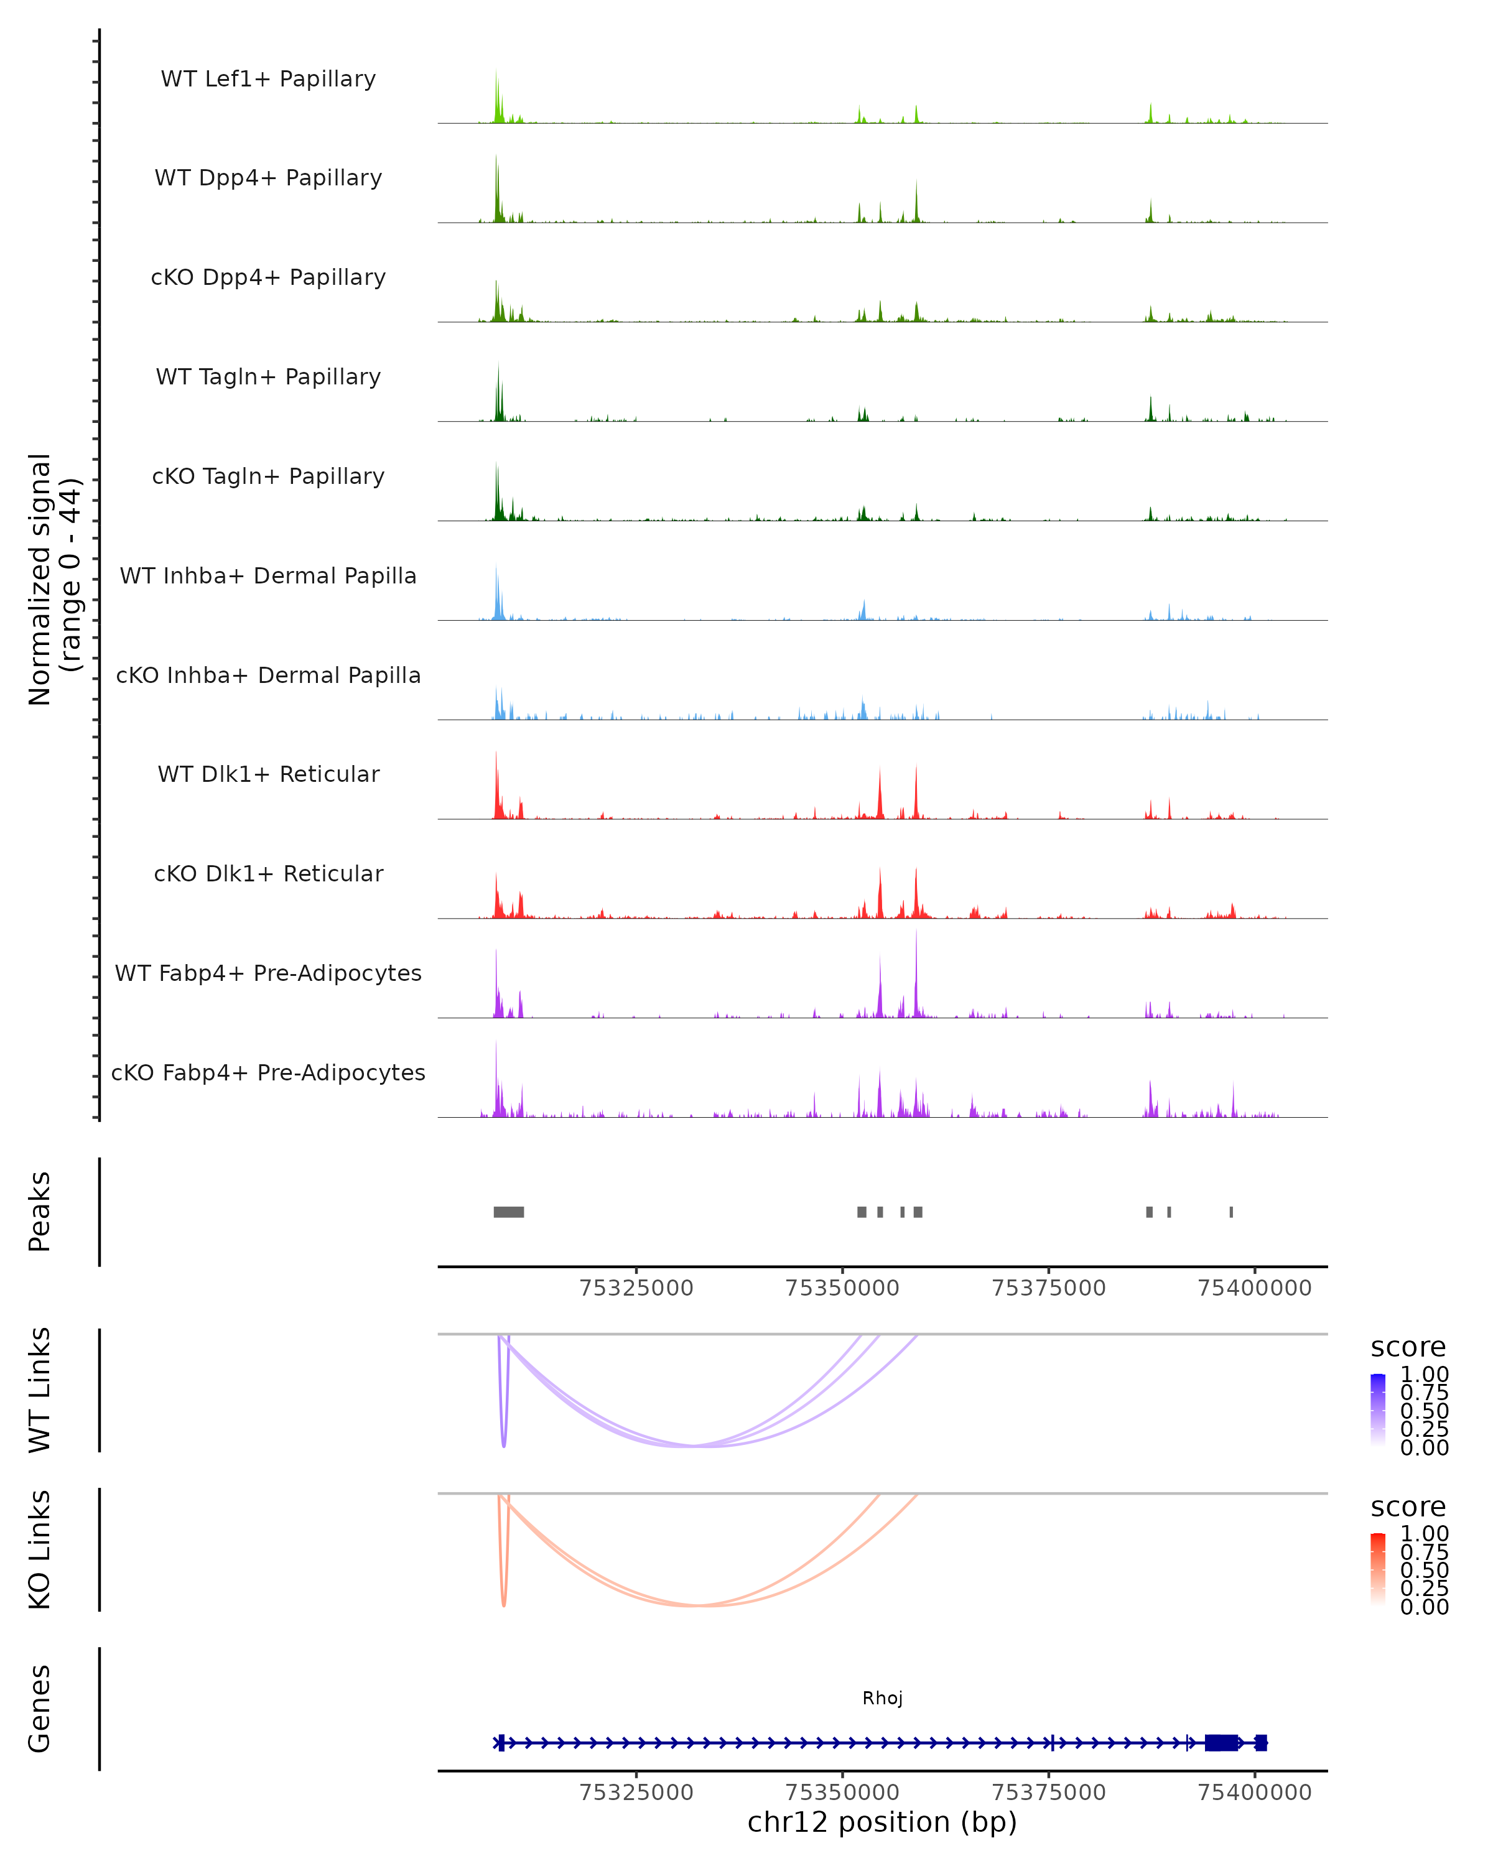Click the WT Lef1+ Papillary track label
point(268,79)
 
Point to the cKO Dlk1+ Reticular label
point(268,873)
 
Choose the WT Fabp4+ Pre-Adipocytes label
point(268,973)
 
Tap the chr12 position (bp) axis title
point(882,1822)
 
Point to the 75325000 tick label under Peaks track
point(636,1288)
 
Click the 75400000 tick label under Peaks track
point(1254,1288)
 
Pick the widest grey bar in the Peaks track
point(509,1212)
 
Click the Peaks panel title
point(40,1212)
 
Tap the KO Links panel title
point(40,1549)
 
